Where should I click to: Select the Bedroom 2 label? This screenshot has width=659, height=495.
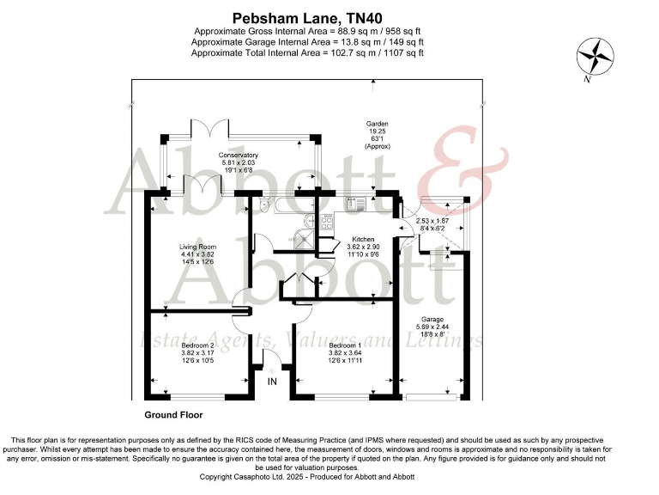click(196, 344)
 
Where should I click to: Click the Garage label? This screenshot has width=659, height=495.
click(432, 319)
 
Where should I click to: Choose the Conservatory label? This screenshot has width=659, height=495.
click(238, 155)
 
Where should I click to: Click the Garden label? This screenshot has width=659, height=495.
click(378, 124)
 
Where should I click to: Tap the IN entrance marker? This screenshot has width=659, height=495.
click(272, 381)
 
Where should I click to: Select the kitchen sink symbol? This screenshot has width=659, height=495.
click(354, 204)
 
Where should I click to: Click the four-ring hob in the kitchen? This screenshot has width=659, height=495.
click(327, 221)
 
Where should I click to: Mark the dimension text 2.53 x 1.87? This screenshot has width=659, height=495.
click(432, 221)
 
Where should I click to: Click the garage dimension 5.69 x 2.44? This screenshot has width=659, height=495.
click(432, 327)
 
